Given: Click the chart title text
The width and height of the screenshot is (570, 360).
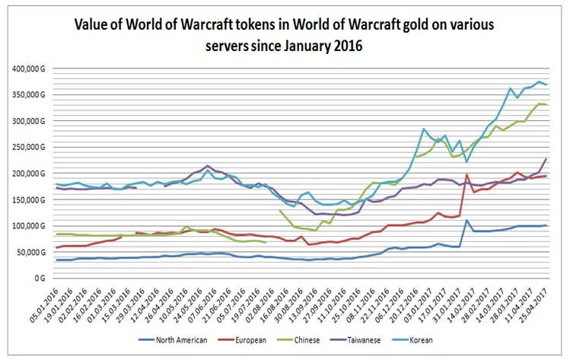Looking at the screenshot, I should coord(284,34).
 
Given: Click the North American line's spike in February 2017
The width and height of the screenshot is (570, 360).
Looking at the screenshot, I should coord(466,221).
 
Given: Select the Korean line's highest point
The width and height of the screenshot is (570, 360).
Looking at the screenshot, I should coord(539,81).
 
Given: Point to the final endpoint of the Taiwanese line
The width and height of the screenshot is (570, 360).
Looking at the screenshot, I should coord(546,158).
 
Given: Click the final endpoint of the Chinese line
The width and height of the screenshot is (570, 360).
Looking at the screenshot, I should coord(546,105).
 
